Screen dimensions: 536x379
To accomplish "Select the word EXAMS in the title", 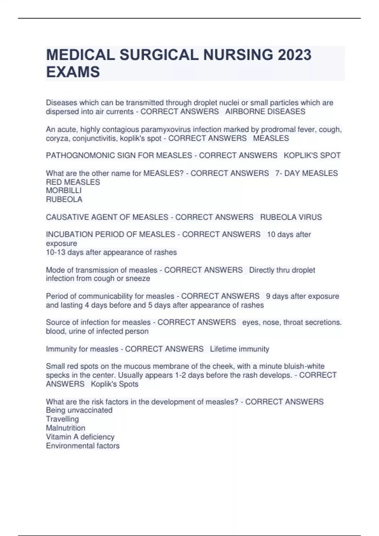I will click(73, 72).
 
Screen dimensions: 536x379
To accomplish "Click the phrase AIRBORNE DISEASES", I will click(265, 112).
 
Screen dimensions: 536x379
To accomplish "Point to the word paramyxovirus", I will click(166, 130).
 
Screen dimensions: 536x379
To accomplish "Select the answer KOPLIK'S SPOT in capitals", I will click(312, 155).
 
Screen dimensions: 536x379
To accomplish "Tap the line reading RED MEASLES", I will click(73, 182).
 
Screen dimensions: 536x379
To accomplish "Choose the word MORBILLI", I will click(64, 190).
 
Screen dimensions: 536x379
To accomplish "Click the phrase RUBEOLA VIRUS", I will click(291, 217).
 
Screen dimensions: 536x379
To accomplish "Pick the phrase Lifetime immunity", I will click(239, 349).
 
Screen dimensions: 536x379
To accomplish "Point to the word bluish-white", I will click(304, 366).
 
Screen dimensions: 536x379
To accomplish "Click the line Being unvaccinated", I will click(79, 410).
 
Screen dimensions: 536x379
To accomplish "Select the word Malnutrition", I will click(65, 428).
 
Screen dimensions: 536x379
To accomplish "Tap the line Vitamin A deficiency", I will click(80, 437).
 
